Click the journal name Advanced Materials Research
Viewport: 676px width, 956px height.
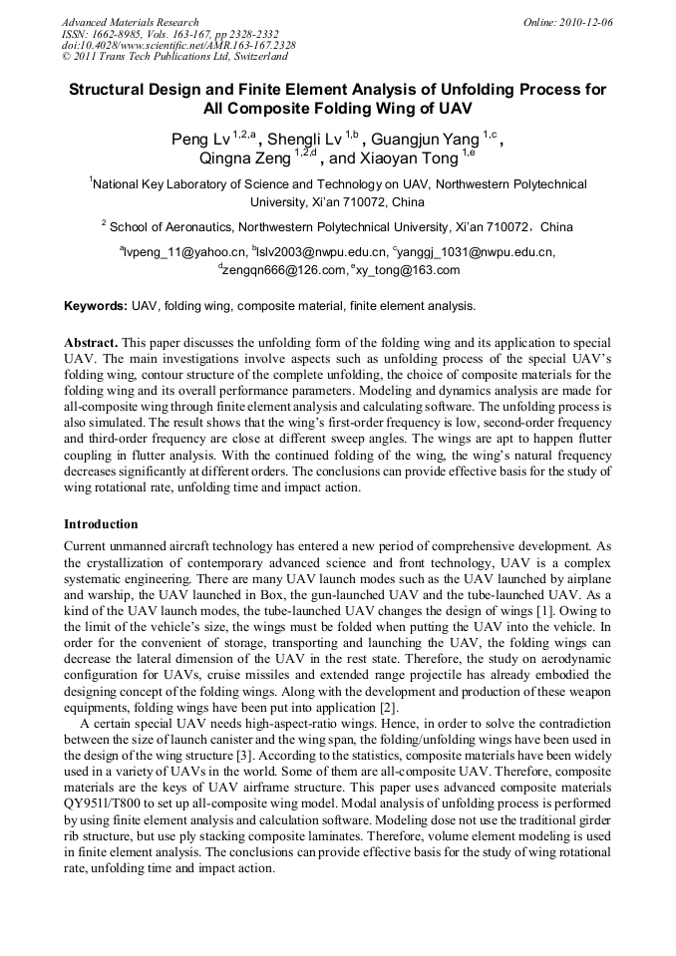click(130, 22)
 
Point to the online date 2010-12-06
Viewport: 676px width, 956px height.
click(587, 22)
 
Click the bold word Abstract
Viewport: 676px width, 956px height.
click(94, 342)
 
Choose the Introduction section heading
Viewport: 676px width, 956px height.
click(101, 524)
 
